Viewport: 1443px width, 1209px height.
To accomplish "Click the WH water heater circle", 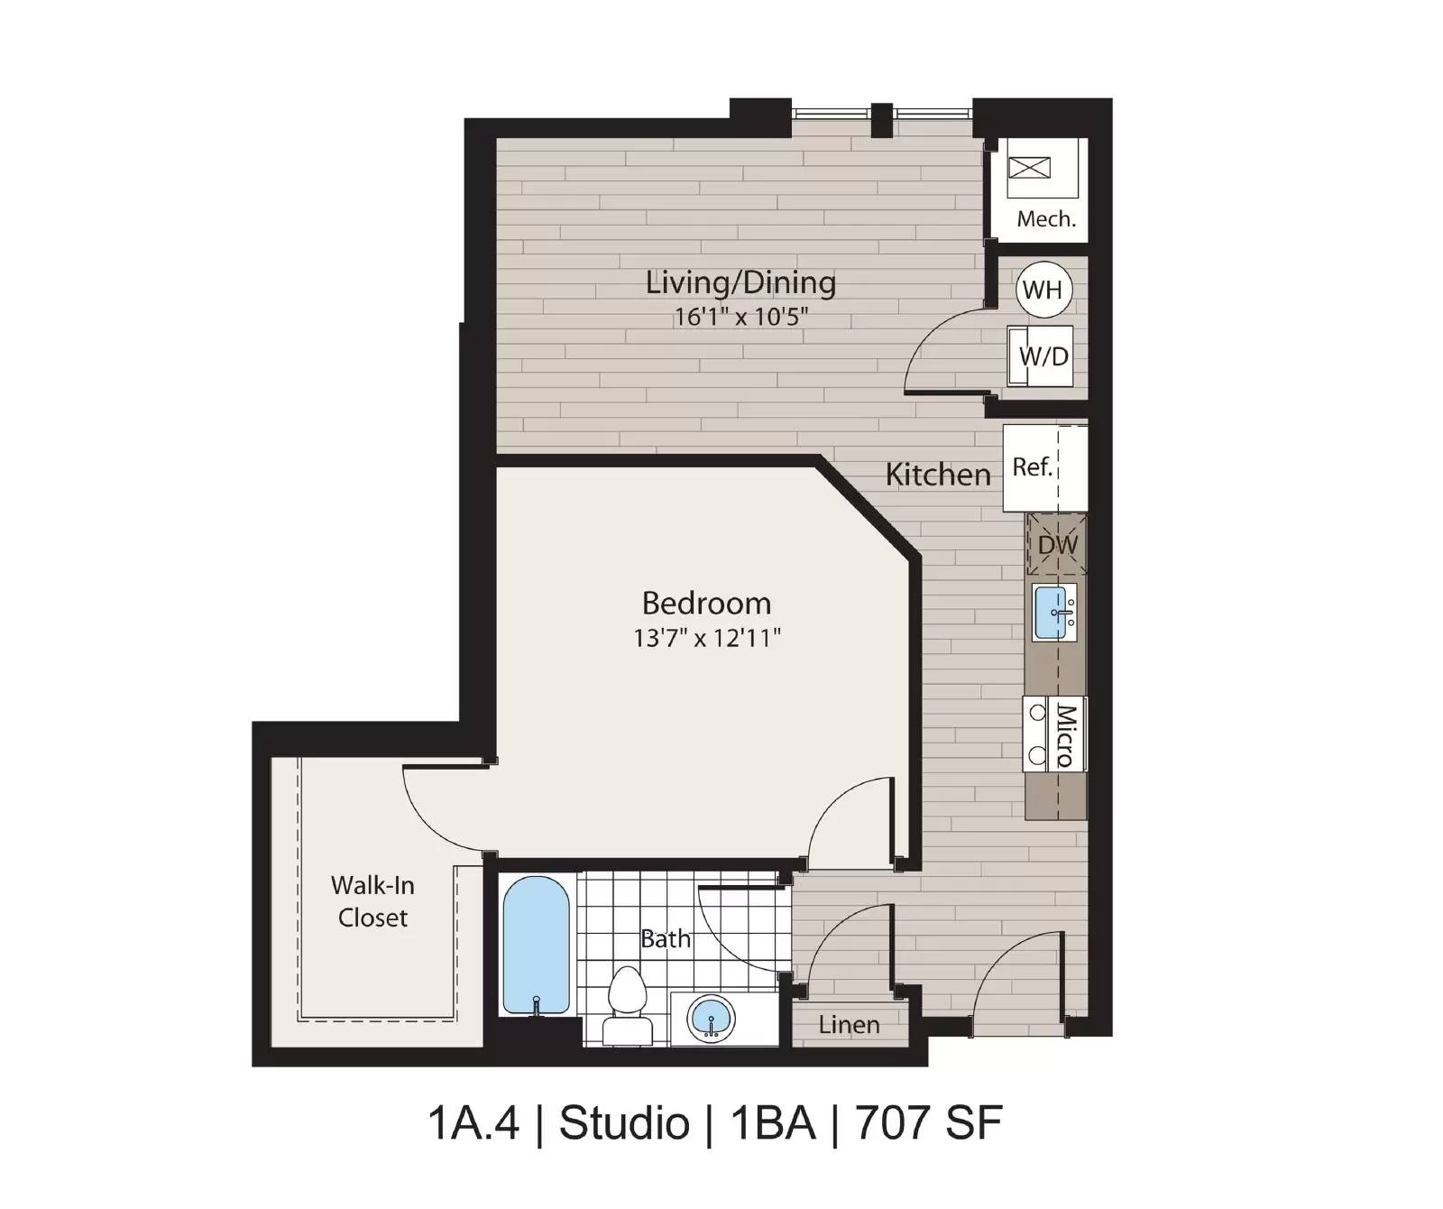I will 1043,290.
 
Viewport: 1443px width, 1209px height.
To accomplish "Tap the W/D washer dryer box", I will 1043,356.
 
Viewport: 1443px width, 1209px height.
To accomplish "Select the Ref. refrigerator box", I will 1034,467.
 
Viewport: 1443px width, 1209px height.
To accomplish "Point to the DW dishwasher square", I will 1057,545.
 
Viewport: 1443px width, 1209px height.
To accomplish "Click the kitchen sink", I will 1054,613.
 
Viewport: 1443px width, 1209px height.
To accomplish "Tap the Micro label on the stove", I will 1065,735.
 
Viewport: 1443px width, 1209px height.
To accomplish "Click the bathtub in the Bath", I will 536,946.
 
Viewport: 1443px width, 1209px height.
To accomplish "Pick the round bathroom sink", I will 711,1019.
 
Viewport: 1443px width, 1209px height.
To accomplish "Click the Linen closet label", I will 849,1025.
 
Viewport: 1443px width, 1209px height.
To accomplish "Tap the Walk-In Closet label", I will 372,901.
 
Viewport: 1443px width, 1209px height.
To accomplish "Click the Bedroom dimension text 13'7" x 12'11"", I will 706,638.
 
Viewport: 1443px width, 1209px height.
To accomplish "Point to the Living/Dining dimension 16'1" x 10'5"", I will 741,317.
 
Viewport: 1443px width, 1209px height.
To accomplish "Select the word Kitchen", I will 937,475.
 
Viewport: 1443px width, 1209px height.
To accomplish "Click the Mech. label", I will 1046,219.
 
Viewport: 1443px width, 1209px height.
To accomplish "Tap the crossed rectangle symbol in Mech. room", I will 1029,167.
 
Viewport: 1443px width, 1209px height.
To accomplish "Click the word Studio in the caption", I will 623,1123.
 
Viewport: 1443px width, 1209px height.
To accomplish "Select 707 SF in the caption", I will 928,1123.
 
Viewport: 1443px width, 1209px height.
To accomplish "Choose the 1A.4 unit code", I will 473,1123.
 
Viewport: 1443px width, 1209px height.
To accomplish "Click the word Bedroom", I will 706,603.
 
